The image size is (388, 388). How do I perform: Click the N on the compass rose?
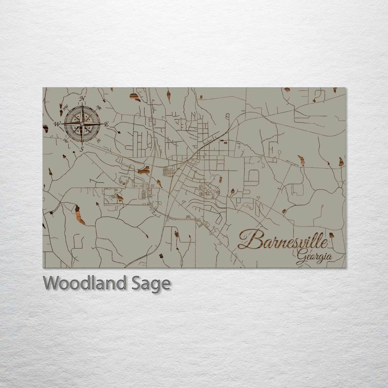tap(83, 98)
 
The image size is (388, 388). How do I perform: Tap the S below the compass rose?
tap(82, 149)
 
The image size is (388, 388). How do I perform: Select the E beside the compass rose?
tap(106, 124)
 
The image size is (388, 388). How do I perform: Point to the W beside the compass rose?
tap(56, 124)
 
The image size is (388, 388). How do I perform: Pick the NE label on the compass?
tap(99, 107)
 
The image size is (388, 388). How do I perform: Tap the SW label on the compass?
tap(65, 140)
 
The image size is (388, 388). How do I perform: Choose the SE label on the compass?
tap(99, 140)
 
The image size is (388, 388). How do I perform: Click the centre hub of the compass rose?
tap(82, 124)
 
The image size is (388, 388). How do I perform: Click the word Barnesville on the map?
tap(283, 240)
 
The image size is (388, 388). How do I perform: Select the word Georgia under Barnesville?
tap(314, 256)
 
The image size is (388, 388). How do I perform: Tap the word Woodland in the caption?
tap(84, 283)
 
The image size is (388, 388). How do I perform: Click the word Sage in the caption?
tap(151, 283)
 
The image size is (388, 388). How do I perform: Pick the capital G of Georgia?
tap(302, 256)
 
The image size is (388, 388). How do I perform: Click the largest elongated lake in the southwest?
tap(79, 215)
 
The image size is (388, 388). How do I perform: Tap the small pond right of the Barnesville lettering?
tap(331, 235)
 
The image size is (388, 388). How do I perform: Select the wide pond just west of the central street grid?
tap(144, 170)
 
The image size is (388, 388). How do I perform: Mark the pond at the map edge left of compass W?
tap(46, 128)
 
